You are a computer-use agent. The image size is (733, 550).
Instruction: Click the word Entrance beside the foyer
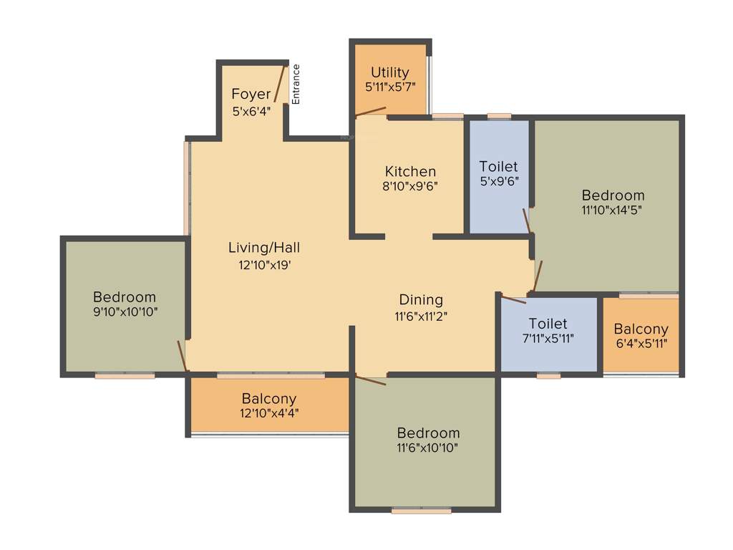point(296,85)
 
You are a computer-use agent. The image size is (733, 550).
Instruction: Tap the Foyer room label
point(251,94)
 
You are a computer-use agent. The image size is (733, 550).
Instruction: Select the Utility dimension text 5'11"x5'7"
point(390,87)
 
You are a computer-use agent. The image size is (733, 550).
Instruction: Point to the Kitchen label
point(410,172)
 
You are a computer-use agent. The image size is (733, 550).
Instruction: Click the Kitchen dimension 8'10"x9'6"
point(410,186)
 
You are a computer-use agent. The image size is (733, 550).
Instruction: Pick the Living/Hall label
point(264,248)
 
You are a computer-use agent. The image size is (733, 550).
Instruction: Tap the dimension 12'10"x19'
point(264,264)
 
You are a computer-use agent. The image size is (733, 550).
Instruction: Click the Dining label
point(421,299)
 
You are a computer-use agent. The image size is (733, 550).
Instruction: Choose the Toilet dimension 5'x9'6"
point(499,181)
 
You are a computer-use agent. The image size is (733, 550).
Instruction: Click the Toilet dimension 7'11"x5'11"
point(548,339)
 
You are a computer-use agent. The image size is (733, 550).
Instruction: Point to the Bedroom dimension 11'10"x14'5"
point(613,211)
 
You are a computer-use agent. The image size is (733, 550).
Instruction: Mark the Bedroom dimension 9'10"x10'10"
point(125,312)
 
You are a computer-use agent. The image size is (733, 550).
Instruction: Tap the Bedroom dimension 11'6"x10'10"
point(428,448)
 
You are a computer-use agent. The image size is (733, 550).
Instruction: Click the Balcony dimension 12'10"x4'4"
point(268,413)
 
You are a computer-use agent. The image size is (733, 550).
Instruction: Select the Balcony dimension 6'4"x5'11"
point(641,344)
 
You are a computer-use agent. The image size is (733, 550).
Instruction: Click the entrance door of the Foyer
point(281,85)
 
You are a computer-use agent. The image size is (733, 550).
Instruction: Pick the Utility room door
point(372,112)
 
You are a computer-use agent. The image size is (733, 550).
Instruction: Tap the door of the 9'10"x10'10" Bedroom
point(183,356)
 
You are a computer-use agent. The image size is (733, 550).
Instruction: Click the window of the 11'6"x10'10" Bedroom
point(422,511)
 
